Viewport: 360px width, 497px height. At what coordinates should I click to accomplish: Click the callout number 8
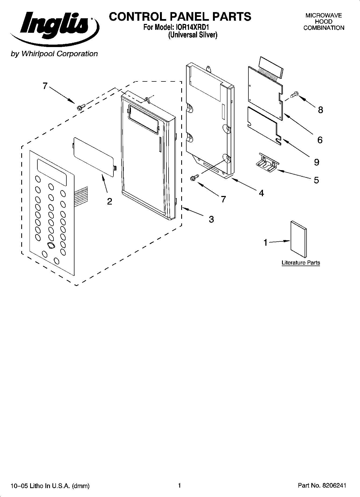320,110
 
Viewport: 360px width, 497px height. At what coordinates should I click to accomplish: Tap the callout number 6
320,140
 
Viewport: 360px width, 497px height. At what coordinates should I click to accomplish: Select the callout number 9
316,162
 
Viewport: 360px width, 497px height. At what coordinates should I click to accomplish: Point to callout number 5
316,180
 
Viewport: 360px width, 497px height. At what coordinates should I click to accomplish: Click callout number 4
261,193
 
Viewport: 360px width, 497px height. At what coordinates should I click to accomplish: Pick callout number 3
211,219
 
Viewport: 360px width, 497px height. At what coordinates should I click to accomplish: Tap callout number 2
109,201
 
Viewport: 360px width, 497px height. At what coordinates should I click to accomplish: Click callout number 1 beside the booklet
266,242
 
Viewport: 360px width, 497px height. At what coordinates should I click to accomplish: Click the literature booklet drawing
298,239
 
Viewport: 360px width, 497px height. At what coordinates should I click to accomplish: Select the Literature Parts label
301,263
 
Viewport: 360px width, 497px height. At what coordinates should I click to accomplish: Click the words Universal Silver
193,35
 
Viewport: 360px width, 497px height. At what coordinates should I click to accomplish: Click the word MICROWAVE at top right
323,16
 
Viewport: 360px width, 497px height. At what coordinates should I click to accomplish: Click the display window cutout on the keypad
52,172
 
